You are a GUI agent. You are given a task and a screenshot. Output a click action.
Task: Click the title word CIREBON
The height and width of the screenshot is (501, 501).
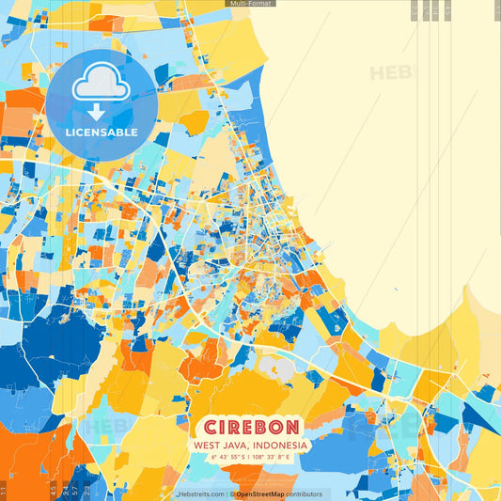[x=249, y=426]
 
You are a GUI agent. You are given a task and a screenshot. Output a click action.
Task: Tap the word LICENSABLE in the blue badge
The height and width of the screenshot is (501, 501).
[x=102, y=133]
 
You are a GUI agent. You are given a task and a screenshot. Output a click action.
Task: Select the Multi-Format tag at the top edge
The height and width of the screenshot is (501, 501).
[x=251, y=4]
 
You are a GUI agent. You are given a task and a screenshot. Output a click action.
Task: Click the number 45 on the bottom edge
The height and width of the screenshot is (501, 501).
[x=53, y=490]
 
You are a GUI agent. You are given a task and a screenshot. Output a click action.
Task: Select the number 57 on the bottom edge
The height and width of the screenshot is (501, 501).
[x=75, y=490]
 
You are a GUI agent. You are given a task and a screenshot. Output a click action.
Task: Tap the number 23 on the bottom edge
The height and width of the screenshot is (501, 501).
[x=86, y=490]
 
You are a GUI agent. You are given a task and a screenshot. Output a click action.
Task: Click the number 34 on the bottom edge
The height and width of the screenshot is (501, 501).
[x=64, y=490]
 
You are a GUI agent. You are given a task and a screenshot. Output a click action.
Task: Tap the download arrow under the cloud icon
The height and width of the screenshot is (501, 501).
[x=95, y=112]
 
